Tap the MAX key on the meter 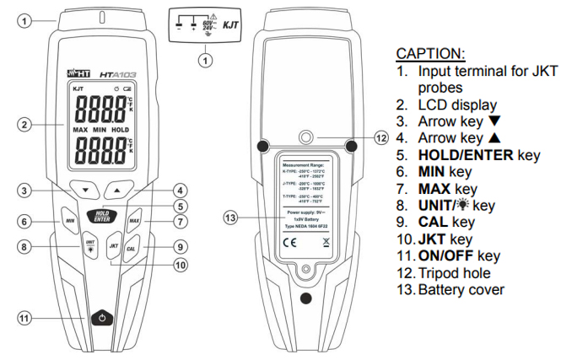[133, 221]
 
